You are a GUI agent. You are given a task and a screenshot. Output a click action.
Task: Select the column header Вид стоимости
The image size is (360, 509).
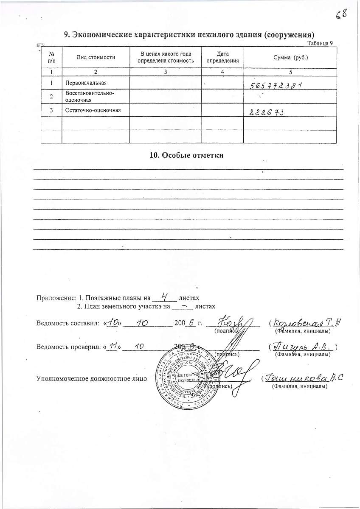96,57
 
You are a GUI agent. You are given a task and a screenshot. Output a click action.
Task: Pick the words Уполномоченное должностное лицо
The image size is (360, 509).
92,378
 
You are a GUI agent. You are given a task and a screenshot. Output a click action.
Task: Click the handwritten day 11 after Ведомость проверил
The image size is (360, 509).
112,347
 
